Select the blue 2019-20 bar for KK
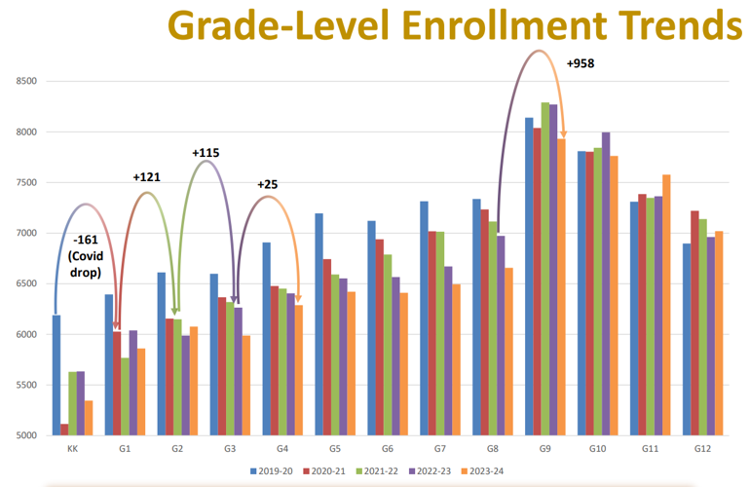click(x=56, y=375)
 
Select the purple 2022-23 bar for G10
click(x=605, y=283)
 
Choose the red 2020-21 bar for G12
click(x=694, y=322)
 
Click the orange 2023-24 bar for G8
click(x=508, y=352)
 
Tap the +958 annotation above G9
click(x=580, y=64)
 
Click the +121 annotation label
click(x=147, y=176)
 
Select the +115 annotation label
click(x=206, y=153)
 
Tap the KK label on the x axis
click(x=72, y=450)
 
